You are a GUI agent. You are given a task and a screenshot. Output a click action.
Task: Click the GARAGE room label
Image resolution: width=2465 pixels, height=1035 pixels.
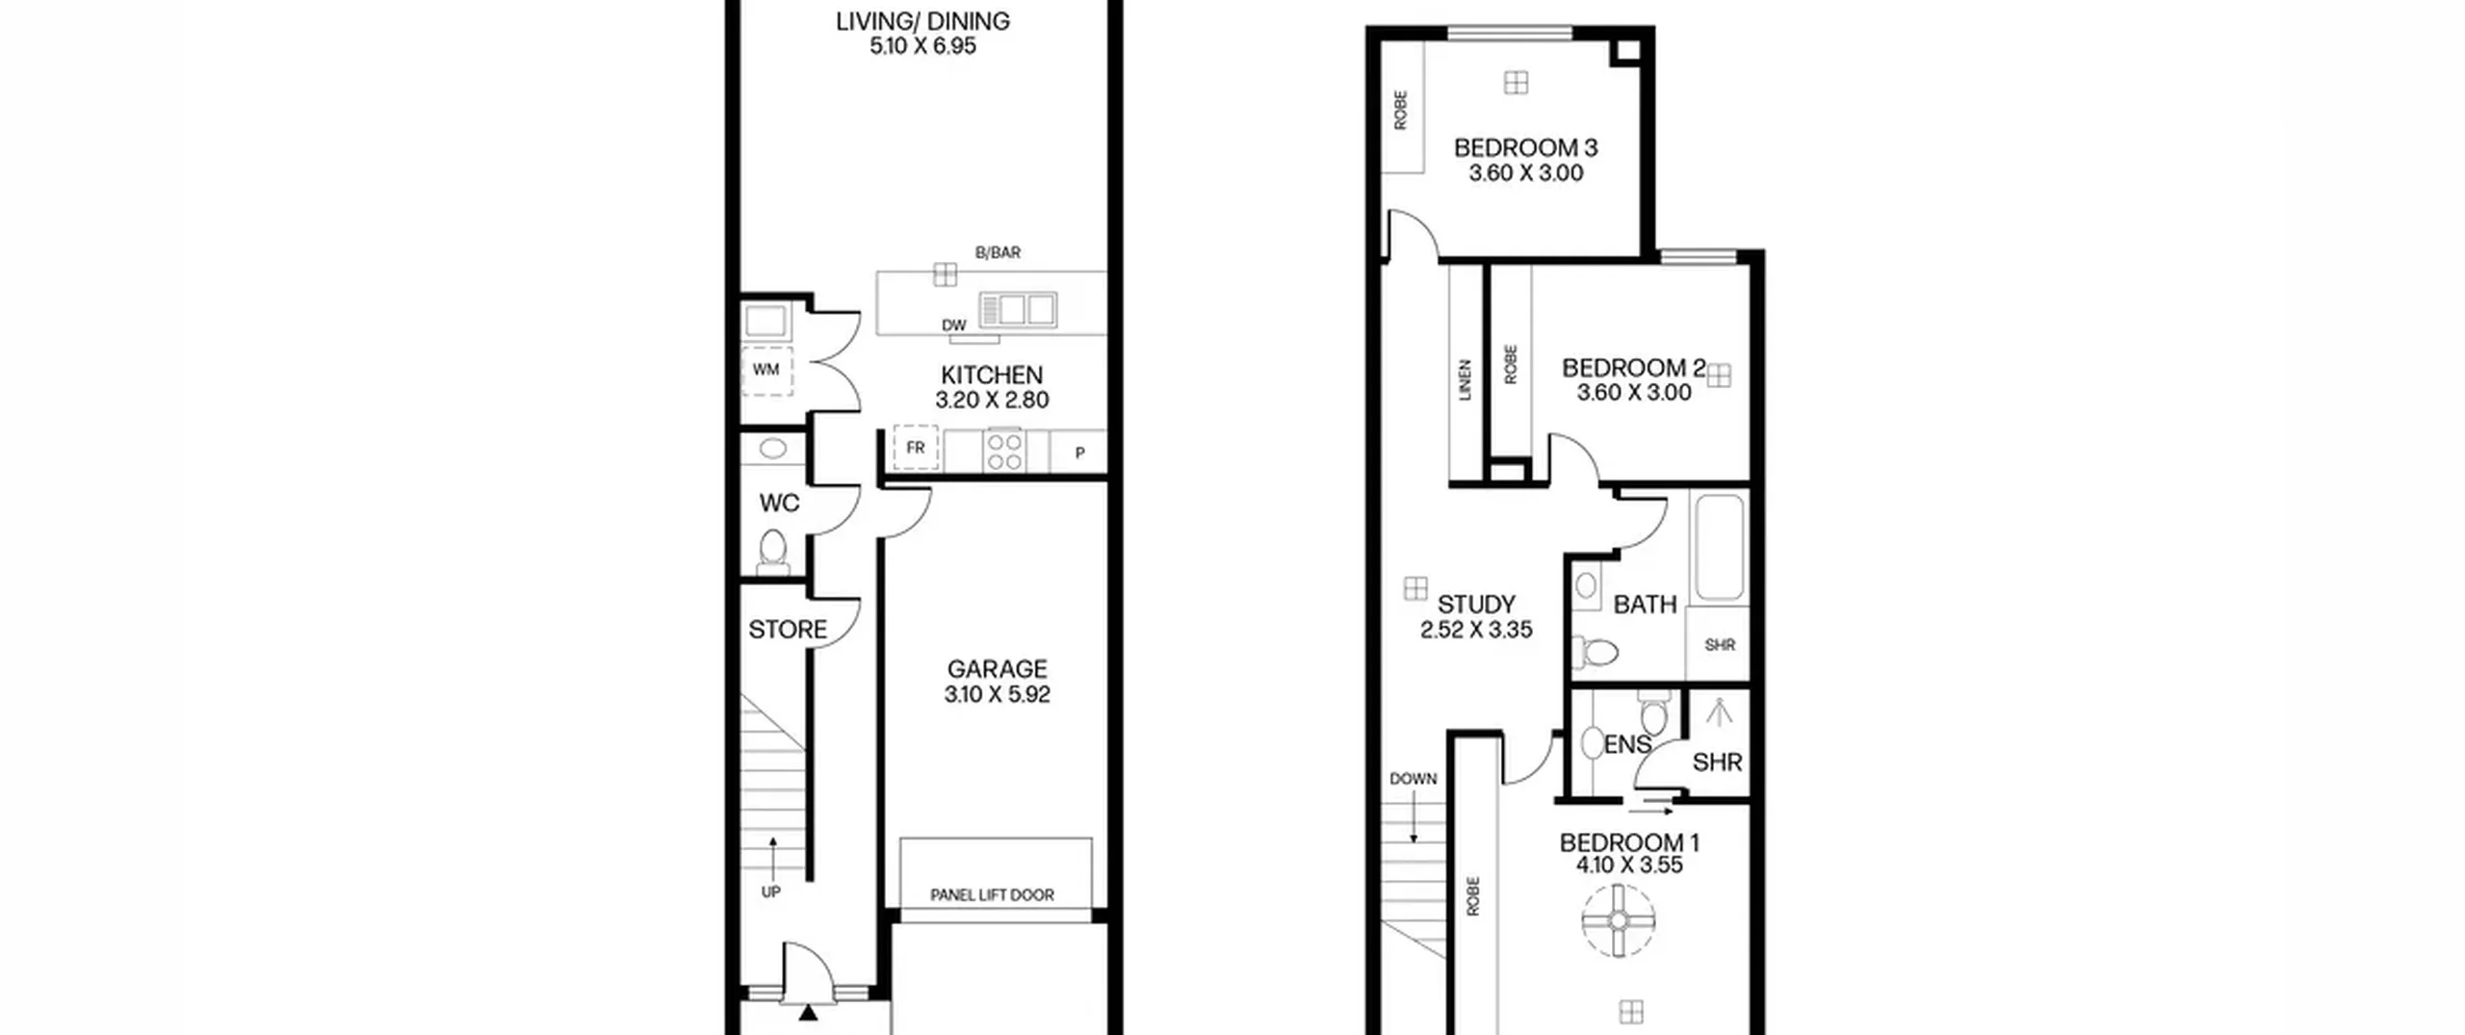pos(997,669)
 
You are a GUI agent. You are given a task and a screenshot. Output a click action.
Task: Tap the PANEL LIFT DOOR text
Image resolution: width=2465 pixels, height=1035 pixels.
pos(992,895)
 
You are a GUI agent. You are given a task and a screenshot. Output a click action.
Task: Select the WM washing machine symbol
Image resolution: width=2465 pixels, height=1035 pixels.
pos(767,371)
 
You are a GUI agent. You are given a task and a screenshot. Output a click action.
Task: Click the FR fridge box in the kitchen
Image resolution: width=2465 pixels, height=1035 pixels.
pos(915,448)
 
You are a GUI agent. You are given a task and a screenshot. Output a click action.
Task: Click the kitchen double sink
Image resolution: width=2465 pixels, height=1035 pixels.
pos(1018,309)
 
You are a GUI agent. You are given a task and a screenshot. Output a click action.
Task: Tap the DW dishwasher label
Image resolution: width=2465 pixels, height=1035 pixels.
pos(954,325)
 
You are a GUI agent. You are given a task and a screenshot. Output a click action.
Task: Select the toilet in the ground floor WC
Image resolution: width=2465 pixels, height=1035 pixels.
pos(772,552)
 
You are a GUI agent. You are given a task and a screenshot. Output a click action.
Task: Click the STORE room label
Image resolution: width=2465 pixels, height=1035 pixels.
pos(788,630)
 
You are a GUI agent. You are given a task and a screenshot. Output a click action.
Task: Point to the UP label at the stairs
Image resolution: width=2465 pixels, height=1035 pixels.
pos(771,893)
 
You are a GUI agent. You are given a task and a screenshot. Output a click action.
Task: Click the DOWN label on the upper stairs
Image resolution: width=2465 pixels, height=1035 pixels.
pos(1414,779)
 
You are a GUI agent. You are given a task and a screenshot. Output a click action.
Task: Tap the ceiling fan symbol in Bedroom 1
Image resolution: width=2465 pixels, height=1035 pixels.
pos(1619,921)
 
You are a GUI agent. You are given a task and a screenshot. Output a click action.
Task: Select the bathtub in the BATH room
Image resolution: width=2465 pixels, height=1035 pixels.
pos(1719,548)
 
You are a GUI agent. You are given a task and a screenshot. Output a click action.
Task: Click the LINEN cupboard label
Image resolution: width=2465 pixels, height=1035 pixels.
pos(1466,380)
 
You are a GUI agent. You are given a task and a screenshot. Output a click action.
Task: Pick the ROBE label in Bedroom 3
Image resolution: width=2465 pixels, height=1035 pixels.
pos(1401,110)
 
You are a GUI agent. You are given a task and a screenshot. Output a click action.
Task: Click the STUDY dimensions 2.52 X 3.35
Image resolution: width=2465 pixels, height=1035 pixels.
pos(1476,630)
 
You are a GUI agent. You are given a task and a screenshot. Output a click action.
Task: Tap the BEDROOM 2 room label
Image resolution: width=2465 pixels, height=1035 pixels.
pos(1633,368)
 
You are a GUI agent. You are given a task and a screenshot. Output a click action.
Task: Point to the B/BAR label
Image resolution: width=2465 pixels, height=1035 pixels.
pos(998,252)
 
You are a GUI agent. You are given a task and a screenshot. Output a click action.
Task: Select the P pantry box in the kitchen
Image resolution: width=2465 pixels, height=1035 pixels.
pos(1078,452)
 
